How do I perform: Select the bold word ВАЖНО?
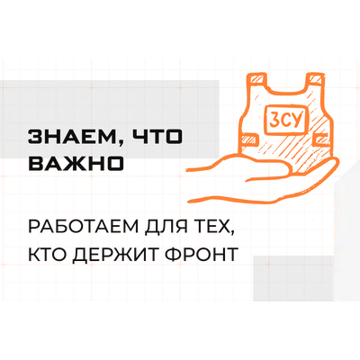(x=76, y=164)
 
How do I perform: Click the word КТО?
(x=48, y=254)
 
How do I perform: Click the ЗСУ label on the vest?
(x=284, y=119)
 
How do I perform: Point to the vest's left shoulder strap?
(x=256, y=81)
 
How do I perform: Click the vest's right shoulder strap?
(x=316, y=79)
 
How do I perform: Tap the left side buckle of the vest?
(x=249, y=139)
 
